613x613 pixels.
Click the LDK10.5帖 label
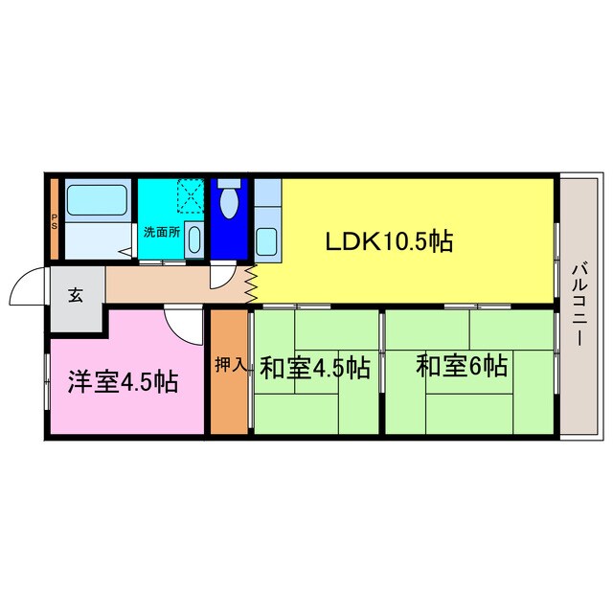pos(388,241)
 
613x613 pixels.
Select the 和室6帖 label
pos(461,366)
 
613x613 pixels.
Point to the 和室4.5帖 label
pos(315,368)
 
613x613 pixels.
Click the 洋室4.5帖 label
pos(122,381)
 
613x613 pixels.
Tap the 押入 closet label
pos(229,365)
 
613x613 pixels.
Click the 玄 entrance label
pos(75,296)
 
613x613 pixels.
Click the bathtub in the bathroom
pos(97,199)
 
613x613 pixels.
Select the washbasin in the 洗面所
pos(193,238)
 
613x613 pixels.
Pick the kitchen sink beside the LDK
pos(268,240)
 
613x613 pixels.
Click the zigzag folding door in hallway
pos(251,284)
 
